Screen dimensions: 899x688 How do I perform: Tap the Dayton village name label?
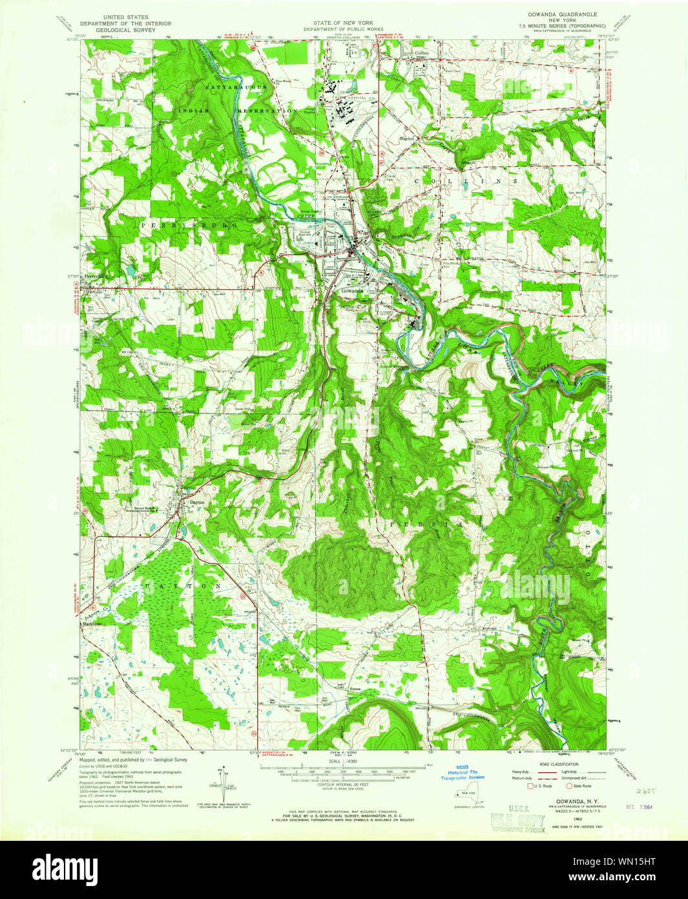(x=196, y=502)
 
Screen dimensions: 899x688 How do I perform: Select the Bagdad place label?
(x=406, y=138)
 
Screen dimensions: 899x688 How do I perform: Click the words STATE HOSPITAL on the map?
(x=353, y=98)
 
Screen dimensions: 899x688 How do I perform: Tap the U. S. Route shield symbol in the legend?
(x=532, y=786)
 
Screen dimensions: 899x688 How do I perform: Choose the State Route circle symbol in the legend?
(x=569, y=786)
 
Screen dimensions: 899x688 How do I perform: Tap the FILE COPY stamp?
(x=517, y=819)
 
